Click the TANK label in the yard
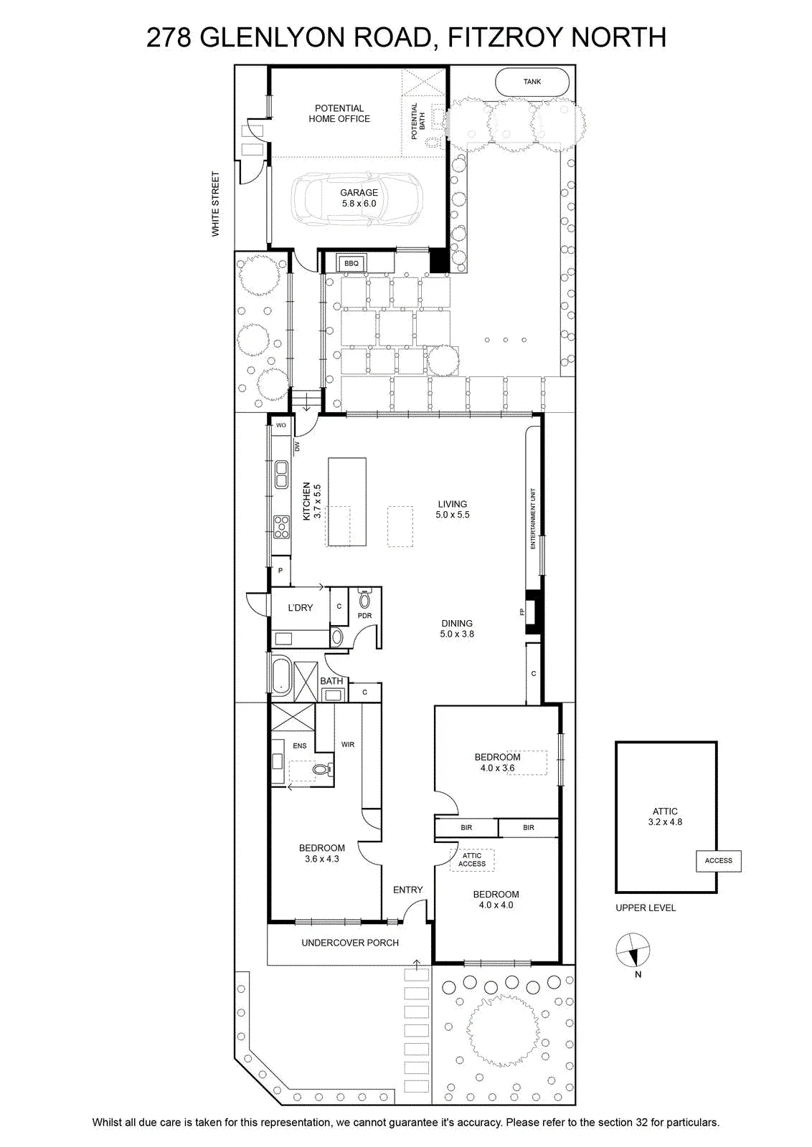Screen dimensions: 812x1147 532,82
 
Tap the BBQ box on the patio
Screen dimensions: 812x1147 351,263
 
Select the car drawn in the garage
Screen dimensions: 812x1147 357,199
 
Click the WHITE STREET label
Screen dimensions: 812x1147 215,204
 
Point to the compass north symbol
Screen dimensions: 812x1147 633,950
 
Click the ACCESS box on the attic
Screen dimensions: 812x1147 718,860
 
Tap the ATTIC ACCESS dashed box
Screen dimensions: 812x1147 472,860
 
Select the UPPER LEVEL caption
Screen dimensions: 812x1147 646,908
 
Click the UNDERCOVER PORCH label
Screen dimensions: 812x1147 350,942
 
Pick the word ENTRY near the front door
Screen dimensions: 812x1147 407,890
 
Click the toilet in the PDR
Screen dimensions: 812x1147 365,599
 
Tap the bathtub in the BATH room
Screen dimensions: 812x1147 280,676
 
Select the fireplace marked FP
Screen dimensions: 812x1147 533,612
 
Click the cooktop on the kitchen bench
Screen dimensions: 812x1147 281,526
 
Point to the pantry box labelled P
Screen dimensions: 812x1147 280,571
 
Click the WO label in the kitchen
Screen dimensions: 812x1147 280,425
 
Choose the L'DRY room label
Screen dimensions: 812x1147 301,607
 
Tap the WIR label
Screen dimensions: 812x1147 348,745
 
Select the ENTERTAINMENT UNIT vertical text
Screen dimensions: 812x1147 533,518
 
